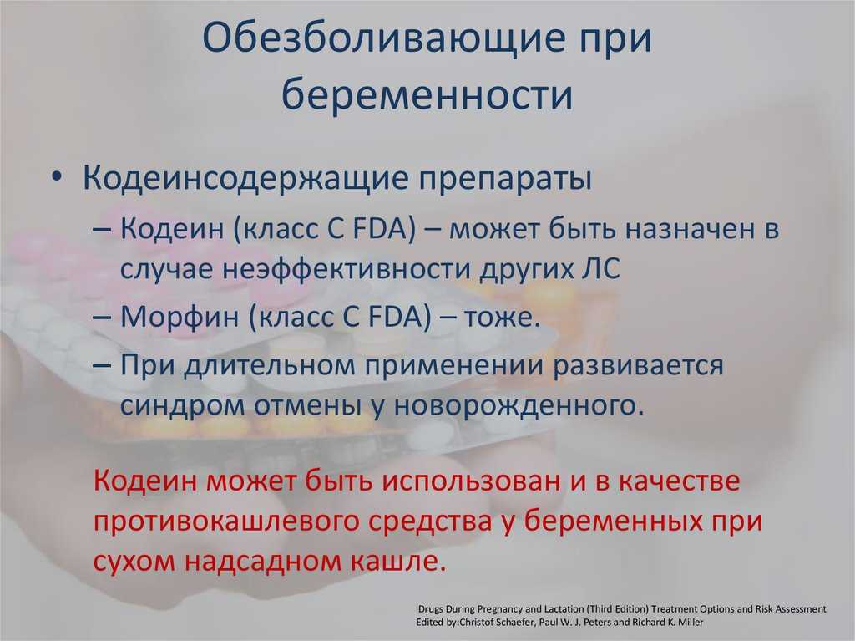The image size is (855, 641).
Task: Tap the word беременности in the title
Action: (427, 94)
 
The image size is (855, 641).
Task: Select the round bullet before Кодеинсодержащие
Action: (57, 179)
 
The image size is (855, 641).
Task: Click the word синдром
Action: (182, 406)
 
